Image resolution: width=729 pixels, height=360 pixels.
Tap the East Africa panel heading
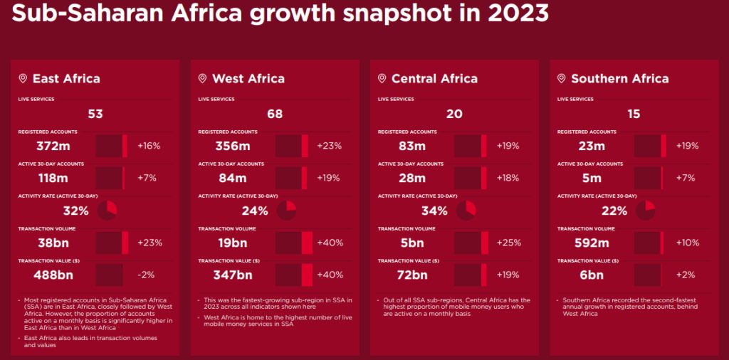[65, 78]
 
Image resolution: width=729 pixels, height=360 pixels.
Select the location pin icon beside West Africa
[202, 78]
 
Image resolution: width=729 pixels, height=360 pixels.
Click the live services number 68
[275, 114]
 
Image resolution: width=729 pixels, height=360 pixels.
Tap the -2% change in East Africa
[147, 275]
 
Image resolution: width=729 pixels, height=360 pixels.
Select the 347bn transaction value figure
[233, 275]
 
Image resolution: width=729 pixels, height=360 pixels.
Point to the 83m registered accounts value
[411, 146]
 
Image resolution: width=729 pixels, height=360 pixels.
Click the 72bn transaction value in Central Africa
[411, 275]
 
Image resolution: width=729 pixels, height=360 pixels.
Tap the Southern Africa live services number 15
[634, 114]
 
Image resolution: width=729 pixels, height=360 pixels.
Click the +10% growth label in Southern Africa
[687, 243]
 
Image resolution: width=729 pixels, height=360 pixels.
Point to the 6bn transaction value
[592, 275]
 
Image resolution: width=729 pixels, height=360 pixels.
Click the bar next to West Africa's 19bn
[294, 243]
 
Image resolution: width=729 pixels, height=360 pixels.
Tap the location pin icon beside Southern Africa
[561, 78]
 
